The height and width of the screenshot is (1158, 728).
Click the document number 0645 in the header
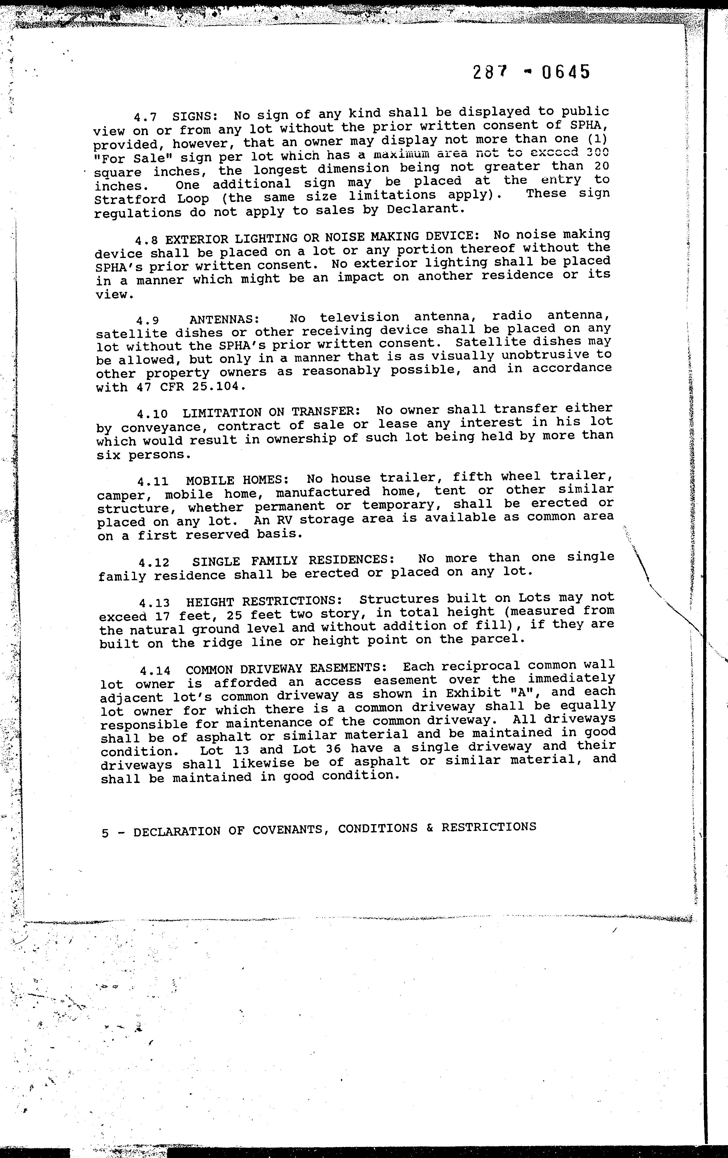[565, 72]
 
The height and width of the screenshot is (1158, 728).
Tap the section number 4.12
[154, 562]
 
